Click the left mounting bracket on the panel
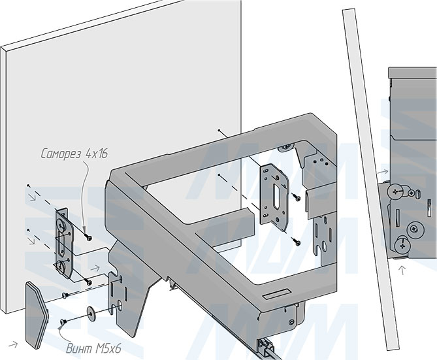point(62,242)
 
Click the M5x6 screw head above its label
point(63,321)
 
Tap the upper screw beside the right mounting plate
point(295,195)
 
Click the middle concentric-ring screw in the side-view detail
point(413,228)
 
